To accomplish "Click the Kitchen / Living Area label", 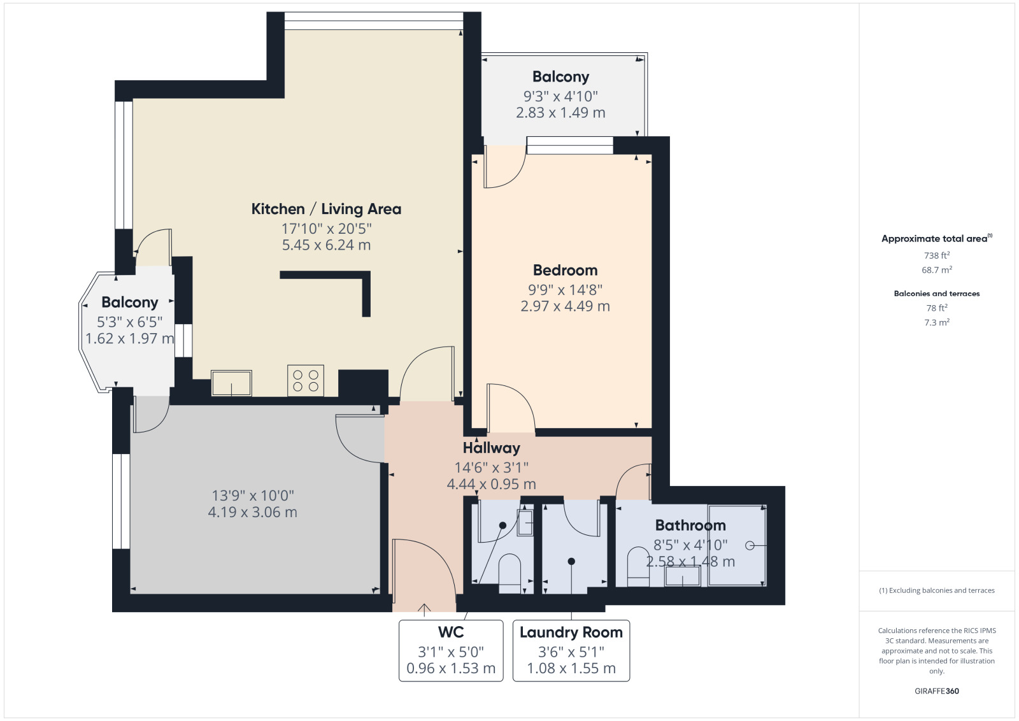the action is [x=326, y=210].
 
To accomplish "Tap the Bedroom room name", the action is [x=565, y=270].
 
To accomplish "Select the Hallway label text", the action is [x=491, y=448].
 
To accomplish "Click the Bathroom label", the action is [x=690, y=525].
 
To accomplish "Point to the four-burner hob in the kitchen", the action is [x=306, y=380].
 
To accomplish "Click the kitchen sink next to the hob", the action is [x=232, y=383].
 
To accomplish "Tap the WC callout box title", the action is [x=451, y=632].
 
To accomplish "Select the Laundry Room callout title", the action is [x=571, y=632].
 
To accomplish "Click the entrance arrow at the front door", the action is [x=424, y=610].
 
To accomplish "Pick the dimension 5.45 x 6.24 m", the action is [x=326, y=245].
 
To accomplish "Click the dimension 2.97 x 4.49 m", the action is [x=565, y=306].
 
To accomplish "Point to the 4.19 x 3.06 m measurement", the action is [x=252, y=512].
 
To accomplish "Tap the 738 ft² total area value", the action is [x=937, y=255].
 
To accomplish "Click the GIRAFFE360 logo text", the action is [x=937, y=691].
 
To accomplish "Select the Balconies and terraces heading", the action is [x=937, y=294].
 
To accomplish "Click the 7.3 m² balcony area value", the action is [x=937, y=322].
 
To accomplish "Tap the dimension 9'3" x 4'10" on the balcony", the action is [x=560, y=96].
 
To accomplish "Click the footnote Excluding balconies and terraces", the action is [x=937, y=590].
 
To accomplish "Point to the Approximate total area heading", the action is [x=937, y=239].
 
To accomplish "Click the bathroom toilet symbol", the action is [x=638, y=567].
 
